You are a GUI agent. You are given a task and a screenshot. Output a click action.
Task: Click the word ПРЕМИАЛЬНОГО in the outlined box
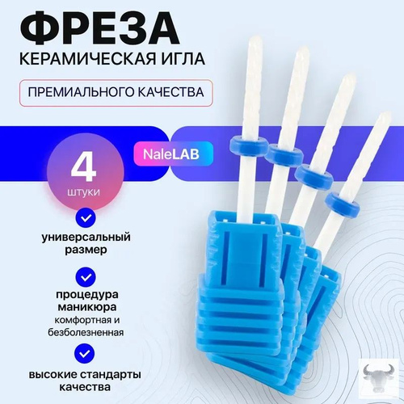81,92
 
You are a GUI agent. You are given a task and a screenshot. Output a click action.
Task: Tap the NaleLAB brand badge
171,154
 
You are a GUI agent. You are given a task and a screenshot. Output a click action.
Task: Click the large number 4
83,166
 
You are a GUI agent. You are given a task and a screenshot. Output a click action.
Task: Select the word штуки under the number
83,192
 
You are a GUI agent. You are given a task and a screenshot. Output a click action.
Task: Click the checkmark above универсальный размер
86,217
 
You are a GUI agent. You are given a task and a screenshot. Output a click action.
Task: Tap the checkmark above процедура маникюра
86,277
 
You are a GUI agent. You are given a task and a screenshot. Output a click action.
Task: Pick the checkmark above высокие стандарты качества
86,353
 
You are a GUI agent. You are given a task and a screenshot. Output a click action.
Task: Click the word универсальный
86,238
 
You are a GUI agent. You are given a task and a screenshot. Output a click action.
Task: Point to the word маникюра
87,307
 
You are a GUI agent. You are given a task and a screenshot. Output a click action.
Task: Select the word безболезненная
86,333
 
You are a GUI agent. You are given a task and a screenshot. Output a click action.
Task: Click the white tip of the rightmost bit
385,118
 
